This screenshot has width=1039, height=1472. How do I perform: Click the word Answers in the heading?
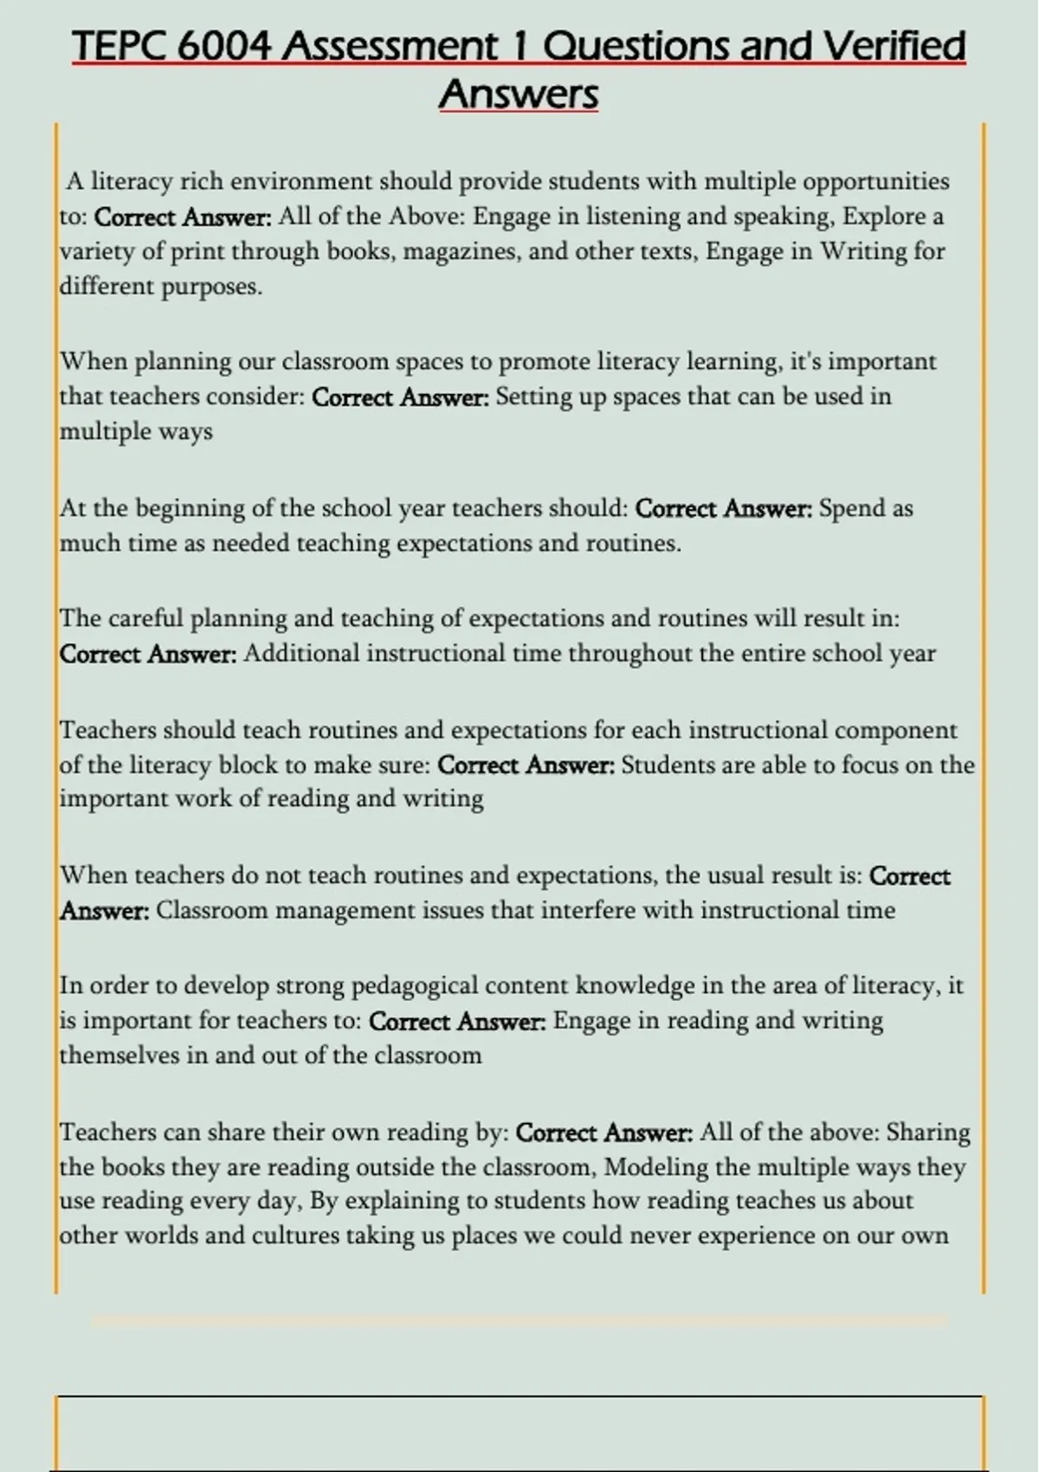(x=519, y=94)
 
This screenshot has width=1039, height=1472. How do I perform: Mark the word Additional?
(x=301, y=653)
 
